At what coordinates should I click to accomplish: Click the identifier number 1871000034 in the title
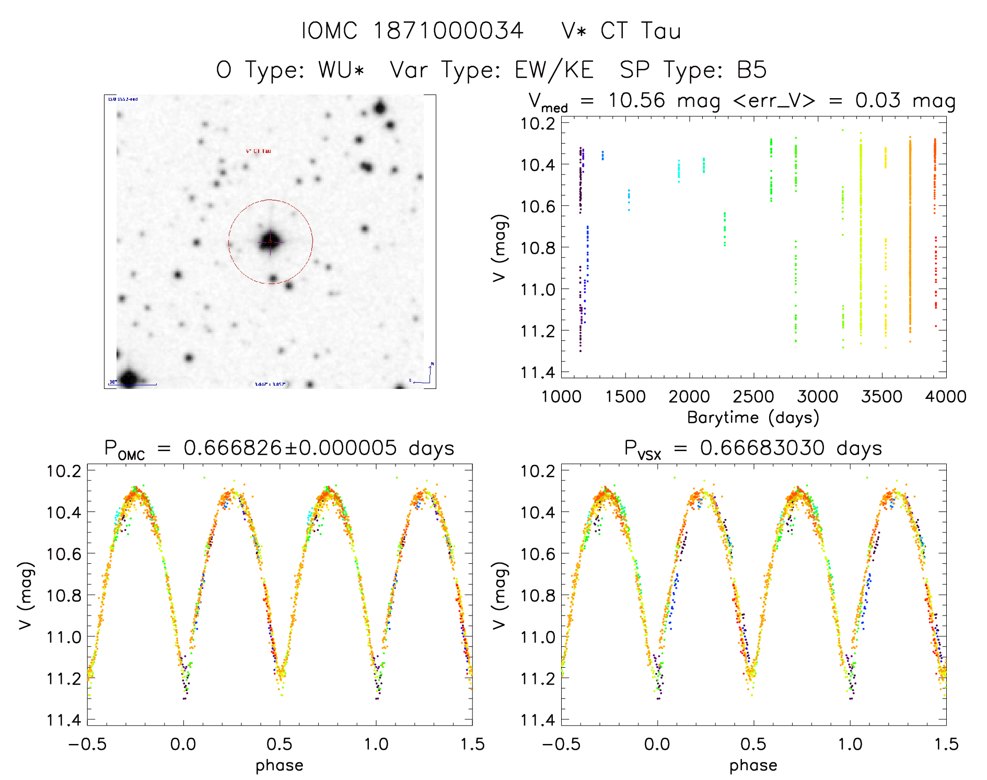(x=448, y=31)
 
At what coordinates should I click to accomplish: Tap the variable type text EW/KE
(x=554, y=70)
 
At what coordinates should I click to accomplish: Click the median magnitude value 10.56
(x=636, y=100)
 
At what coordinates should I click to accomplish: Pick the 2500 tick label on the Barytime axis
(x=753, y=397)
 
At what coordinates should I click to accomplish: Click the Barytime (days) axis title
(x=753, y=418)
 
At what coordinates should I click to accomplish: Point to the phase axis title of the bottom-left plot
(x=280, y=765)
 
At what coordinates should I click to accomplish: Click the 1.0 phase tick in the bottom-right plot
(x=850, y=744)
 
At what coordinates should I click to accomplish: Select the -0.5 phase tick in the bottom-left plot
(x=87, y=744)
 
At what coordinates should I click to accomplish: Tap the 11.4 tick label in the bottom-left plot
(x=64, y=720)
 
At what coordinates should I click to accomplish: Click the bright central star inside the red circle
(x=270, y=242)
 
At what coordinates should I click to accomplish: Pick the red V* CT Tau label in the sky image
(x=259, y=151)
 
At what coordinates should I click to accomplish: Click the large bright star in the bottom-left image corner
(x=129, y=378)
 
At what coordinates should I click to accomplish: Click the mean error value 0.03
(x=878, y=100)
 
